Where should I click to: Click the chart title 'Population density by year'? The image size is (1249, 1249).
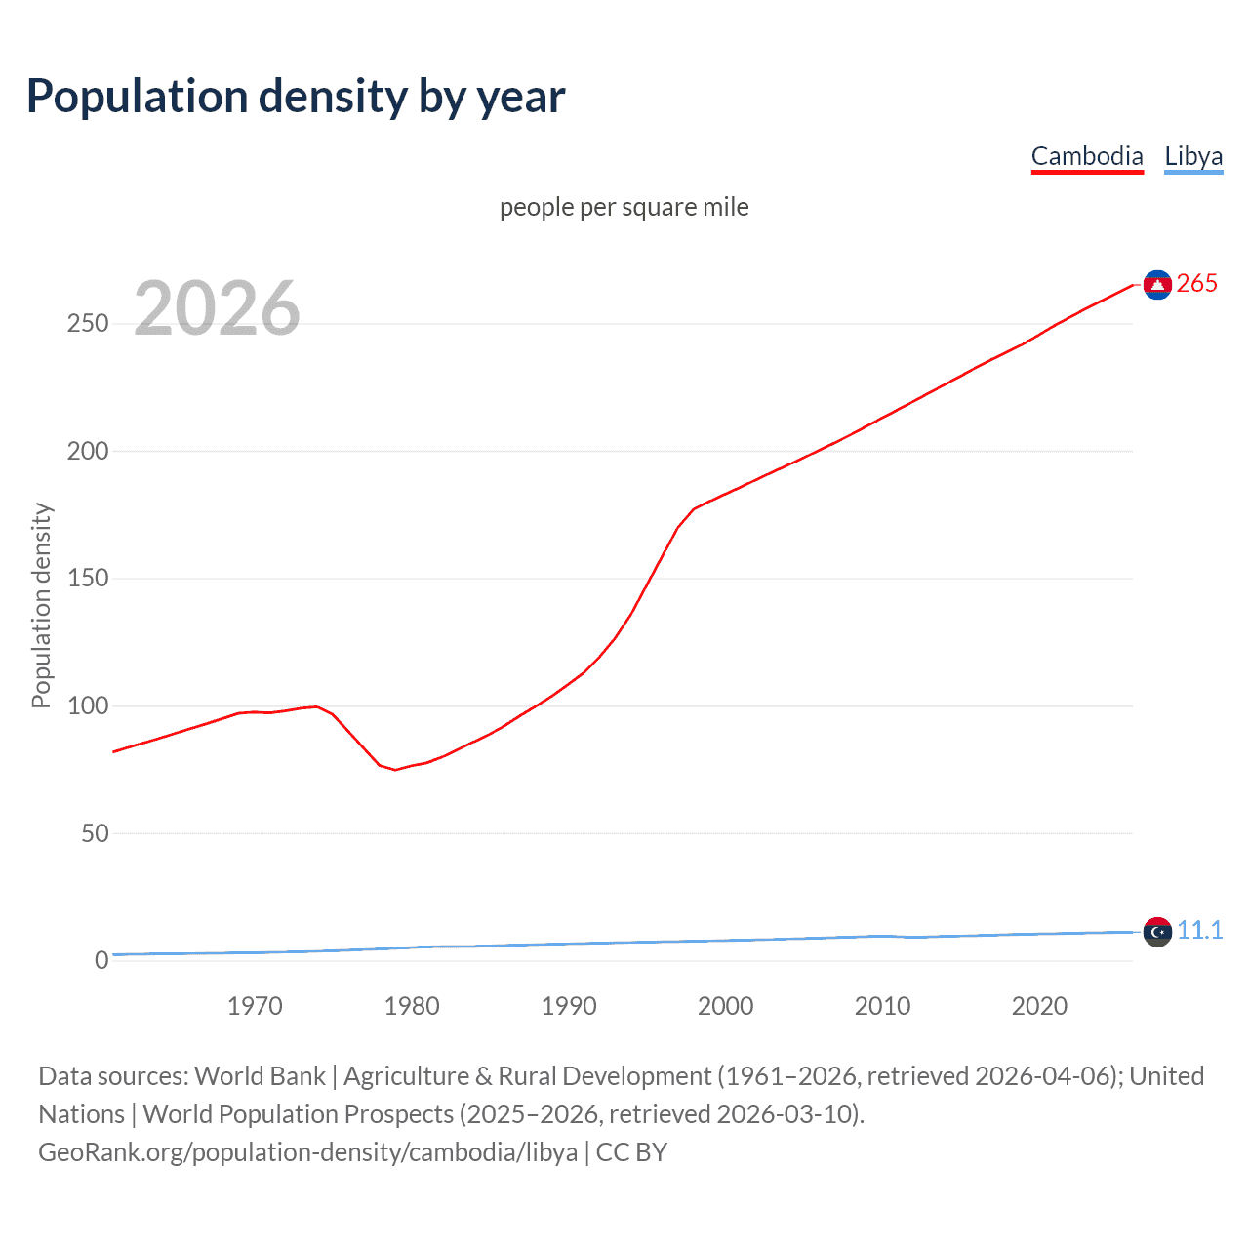pyautogui.click(x=296, y=97)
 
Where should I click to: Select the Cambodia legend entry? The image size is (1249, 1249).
pyautogui.click(x=1086, y=156)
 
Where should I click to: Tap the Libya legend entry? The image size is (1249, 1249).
pyautogui.click(x=1192, y=156)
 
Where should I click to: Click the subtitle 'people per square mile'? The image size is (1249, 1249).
pyautogui.click(x=624, y=207)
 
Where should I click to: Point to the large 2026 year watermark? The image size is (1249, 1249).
pyautogui.click(x=217, y=308)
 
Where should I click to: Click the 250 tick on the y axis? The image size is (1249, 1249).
pyautogui.click(x=88, y=323)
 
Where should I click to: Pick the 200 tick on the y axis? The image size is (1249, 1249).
pyautogui.click(x=88, y=451)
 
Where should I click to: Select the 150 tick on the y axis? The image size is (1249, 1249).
pyautogui.click(x=88, y=579)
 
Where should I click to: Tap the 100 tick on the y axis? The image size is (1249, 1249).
pyautogui.click(x=88, y=705)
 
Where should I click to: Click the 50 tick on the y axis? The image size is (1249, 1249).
pyautogui.click(x=95, y=833)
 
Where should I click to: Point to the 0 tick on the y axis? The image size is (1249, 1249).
pyautogui.click(x=101, y=960)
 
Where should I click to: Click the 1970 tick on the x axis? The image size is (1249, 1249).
pyautogui.click(x=255, y=1006)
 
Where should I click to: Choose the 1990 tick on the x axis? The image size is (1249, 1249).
pyautogui.click(x=569, y=1006)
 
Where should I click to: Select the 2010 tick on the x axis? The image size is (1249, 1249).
pyautogui.click(x=882, y=1006)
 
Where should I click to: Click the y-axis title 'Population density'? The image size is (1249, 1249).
pyautogui.click(x=41, y=605)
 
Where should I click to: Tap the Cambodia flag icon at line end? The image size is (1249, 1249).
pyautogui.click(x=1157, y=284)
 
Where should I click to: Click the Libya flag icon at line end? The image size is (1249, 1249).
pyautogui.click(x=1157, y=932)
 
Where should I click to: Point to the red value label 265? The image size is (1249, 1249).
pyautogui.click(x=1196, y=283)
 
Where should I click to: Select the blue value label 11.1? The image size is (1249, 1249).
pyautogui.click(x=1199, y=930)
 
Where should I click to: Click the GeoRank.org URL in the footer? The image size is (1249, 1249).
pyautogui.click(x=307, y=1152)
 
